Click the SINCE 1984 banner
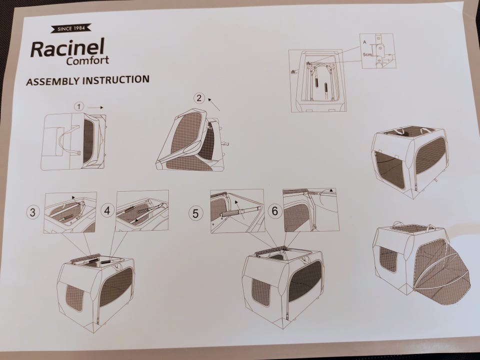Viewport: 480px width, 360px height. [71, 28]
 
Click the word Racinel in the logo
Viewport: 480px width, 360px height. [67, 48]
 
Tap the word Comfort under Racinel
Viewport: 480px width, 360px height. [87, 60]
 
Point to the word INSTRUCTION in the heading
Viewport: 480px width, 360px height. [116, 79]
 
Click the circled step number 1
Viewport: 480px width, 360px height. [79, 107]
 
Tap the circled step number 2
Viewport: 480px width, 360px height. [199, 98]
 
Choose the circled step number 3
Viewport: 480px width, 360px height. [33, 212]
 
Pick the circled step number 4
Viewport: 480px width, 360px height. [107, 210]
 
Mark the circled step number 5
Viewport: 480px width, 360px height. [195, 213]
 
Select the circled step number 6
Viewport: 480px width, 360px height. [275, 211]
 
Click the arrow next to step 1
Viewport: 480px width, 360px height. [95, 107]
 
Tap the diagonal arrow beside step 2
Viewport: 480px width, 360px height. [213, 104]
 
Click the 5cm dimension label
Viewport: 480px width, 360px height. [367, 54]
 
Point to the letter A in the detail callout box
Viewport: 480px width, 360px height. [364, 42]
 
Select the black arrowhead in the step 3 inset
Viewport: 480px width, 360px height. [73, 197]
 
